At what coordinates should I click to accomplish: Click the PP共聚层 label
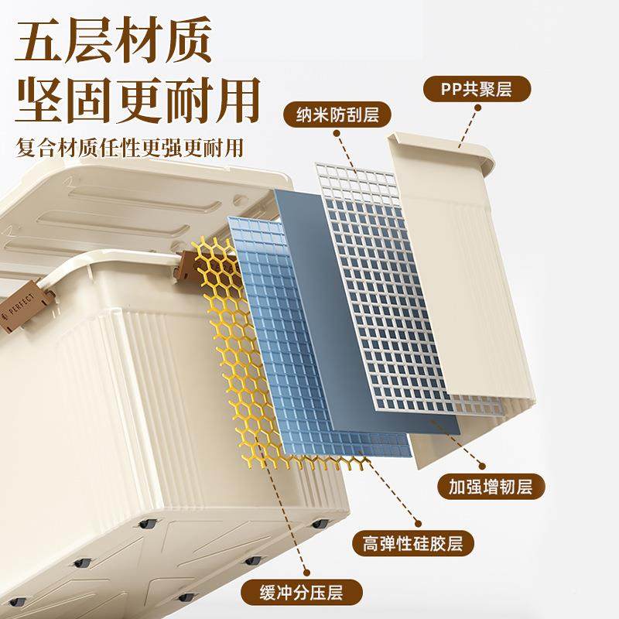click(477, 90)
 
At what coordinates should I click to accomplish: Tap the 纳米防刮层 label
click(337, 116)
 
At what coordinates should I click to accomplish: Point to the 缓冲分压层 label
click(302, 593)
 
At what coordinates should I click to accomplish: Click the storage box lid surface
click(116, 201)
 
